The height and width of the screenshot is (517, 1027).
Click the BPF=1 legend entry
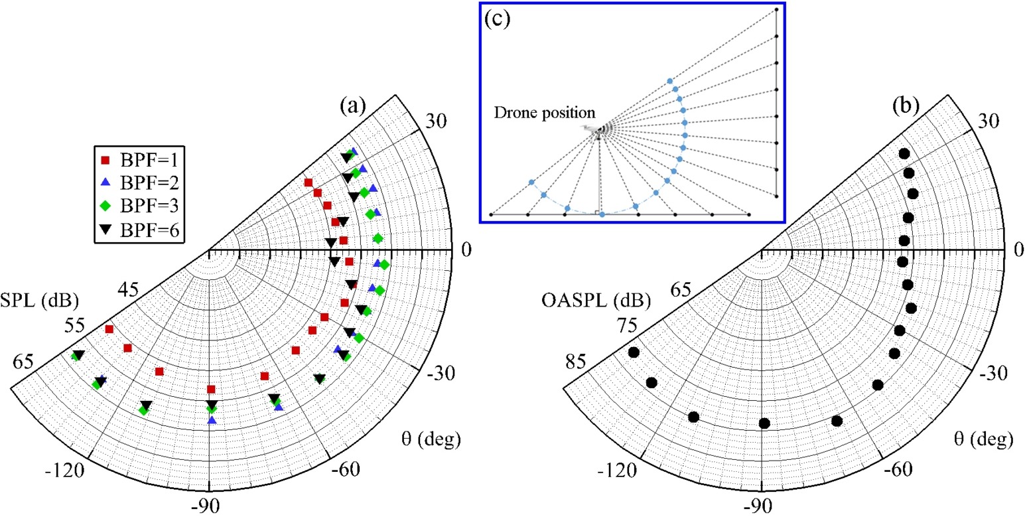click(x=139, y=159)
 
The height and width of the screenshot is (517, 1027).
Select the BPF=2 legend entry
click(x=139, y=183)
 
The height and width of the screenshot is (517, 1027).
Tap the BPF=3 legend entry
click(x=139, y=206)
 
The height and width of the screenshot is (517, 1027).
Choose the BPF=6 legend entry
click(x=139, y=230)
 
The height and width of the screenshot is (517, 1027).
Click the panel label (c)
click(x=498, y=19)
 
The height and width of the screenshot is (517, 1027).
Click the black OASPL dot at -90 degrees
click(x=764, y=423)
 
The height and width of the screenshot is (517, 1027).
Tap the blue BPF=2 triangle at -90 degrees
click(x=212, y=419)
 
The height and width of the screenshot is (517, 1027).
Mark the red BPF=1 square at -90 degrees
click(x=211, y=389)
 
